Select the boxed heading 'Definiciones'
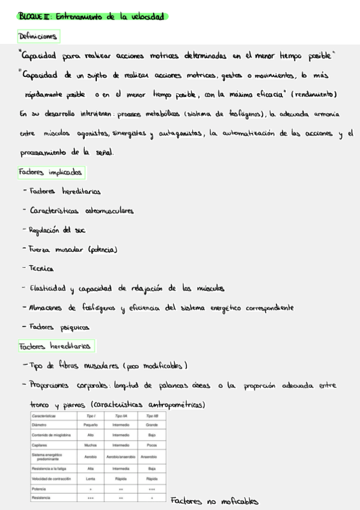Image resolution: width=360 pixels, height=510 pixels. click(39, 37)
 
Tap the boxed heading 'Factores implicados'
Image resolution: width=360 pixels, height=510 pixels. click(51, 173)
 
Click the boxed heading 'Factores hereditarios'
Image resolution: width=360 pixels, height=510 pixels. click(55, 346)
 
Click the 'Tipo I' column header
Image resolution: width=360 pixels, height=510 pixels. click(91, 416)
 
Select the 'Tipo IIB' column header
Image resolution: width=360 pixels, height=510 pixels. click(152, 416)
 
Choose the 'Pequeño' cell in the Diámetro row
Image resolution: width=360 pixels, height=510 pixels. click(91, 425)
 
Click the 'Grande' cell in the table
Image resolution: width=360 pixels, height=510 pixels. click(152, 425)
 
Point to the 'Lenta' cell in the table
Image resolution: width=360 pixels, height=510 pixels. click(91, 479)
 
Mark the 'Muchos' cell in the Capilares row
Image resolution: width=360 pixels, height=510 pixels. click(91, 444)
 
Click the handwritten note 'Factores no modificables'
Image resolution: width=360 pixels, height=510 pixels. click(214, 501)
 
